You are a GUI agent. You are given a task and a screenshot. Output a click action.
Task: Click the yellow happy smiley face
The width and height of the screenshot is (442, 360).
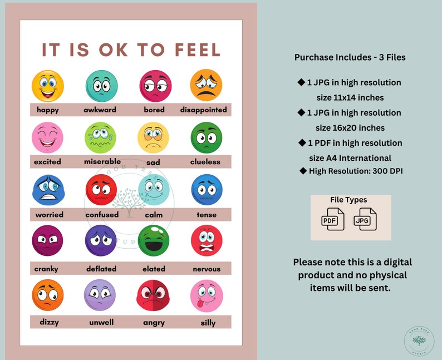[x=48, y=86]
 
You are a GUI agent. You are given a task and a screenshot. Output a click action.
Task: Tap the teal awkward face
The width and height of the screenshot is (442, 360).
[x=101, y=86]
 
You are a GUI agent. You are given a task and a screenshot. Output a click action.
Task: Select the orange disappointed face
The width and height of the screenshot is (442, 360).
[x=206, y=85]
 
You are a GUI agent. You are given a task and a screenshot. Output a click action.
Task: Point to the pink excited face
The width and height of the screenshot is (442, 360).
[x=48, y=137]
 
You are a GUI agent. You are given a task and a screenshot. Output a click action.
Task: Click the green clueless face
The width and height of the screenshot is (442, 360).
[x=206, y=137]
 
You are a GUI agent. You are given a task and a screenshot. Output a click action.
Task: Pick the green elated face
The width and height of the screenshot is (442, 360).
[x=154, y=240]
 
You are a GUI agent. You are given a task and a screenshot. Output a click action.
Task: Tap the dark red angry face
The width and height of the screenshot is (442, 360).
[x=154, y=295]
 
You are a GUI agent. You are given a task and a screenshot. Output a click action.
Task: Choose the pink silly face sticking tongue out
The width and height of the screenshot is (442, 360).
[x=206, y=295]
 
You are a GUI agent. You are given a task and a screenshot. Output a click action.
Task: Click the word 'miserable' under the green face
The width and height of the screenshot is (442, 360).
[x=102, y=161]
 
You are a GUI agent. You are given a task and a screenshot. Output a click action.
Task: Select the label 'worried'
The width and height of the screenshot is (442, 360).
[x=50, y=214]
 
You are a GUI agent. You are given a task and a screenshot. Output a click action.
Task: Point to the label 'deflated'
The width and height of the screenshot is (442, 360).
[x=101, y=269]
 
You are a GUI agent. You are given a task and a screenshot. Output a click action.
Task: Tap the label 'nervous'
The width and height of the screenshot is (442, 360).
[x=206, y=269]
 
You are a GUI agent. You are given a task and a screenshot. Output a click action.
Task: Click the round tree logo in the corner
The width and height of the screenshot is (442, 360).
[x=419, y=341]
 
